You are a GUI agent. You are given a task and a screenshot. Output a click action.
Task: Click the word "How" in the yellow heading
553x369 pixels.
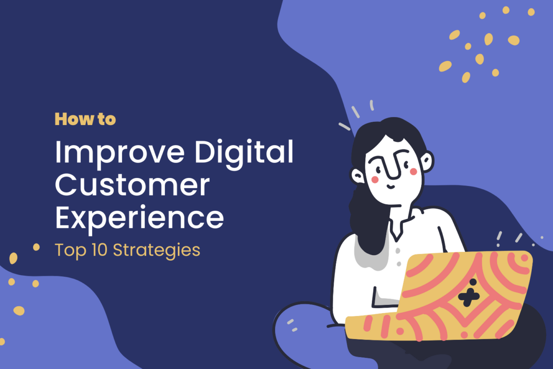tap(74, 119)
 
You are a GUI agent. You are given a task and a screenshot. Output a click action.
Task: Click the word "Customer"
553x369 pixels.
tap(132, 185)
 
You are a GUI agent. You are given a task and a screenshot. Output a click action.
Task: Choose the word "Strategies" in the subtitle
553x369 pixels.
tap(157, 250)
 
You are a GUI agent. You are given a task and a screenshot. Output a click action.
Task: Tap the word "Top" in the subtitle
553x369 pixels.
tap(71, 250)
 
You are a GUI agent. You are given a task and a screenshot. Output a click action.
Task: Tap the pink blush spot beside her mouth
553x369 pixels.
tap(375, 179)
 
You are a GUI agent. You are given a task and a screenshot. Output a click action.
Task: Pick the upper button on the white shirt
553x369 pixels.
tap(398, 250)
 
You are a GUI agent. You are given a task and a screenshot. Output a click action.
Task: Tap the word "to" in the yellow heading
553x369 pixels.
tap(106, 119)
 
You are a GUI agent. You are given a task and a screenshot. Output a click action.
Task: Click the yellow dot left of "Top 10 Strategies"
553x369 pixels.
tap(36, 247)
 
